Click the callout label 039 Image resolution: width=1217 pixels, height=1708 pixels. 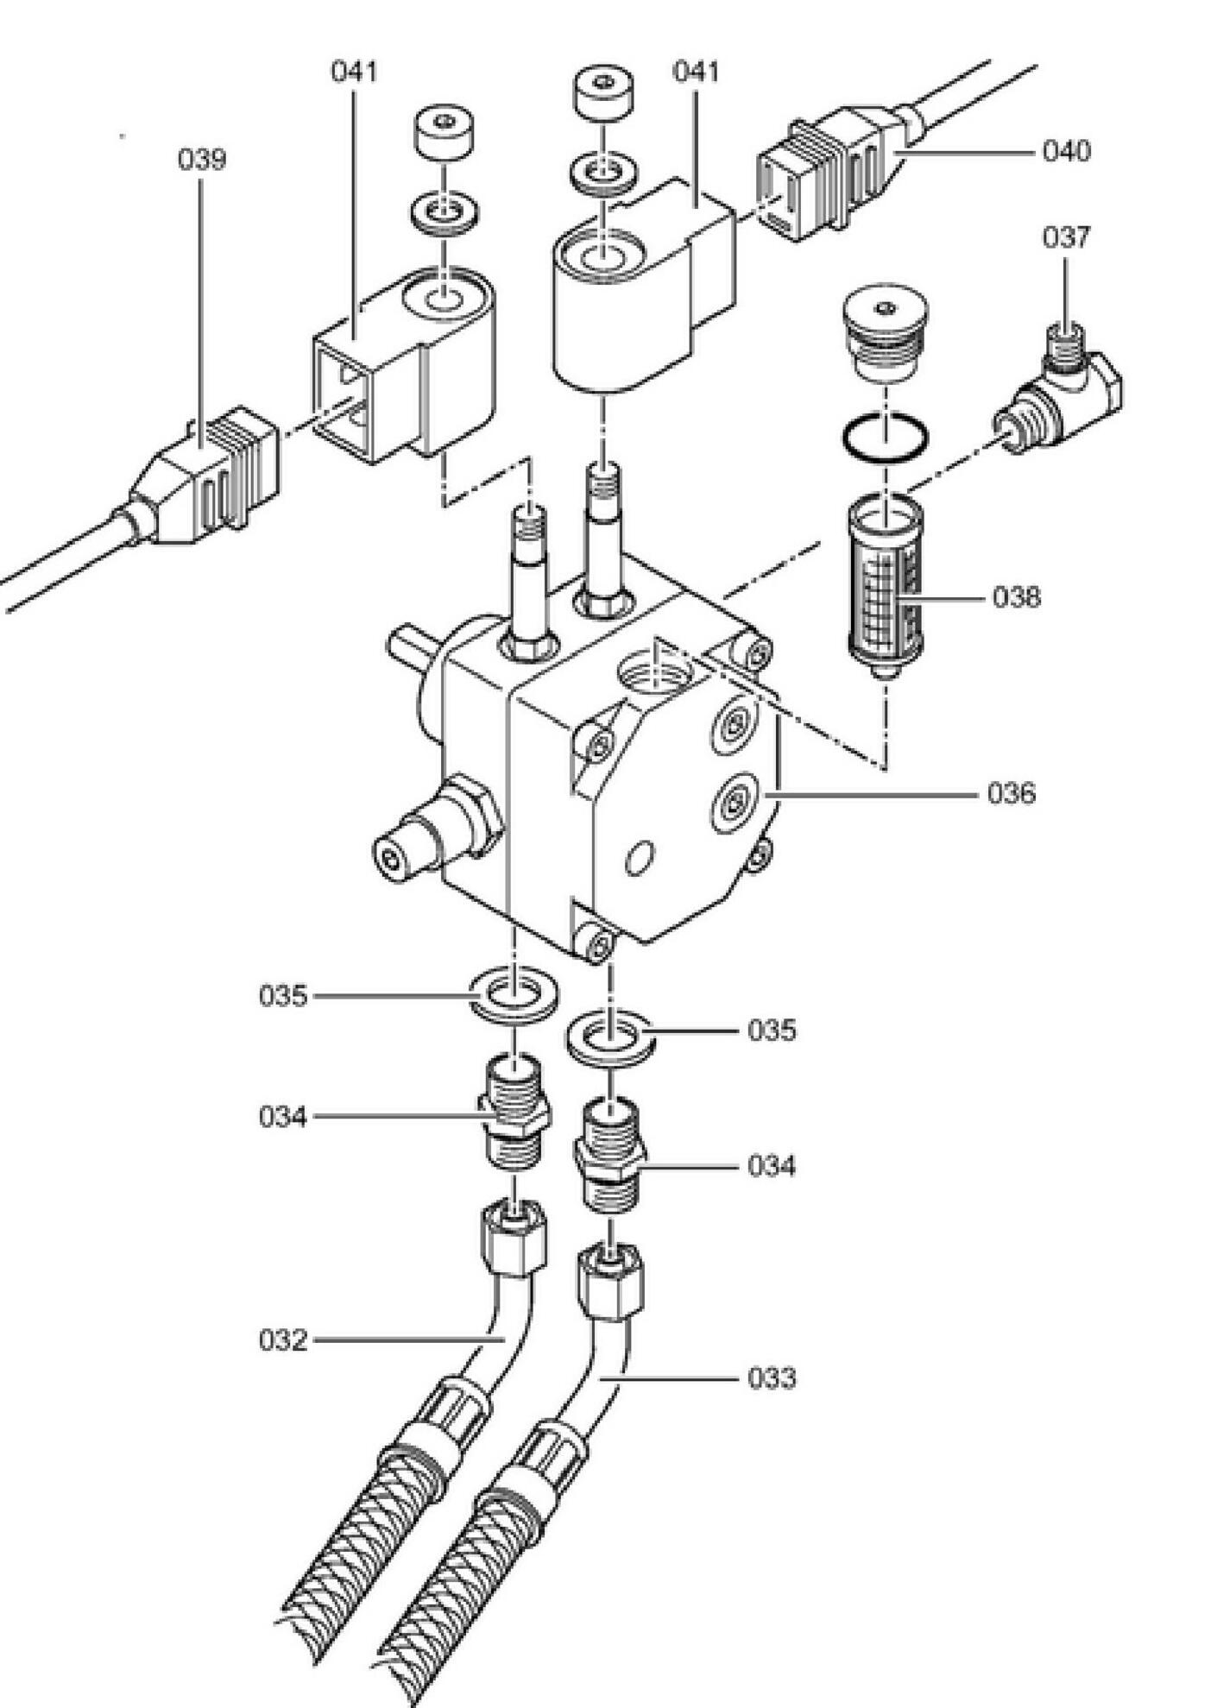(x=202, y=160)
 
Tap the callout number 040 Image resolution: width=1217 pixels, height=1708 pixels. (x=1067, y=151)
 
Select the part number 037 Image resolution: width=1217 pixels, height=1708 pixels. (x=1066, y=236)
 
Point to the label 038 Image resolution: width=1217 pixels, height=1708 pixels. (x=1017, y=596)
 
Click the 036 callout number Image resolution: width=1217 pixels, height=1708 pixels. (x=1012, y=792)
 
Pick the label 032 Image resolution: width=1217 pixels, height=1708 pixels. (x=283, y=1340)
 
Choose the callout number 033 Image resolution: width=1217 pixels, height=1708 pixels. (x=772, y=1378)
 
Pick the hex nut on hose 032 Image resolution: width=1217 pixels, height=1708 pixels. (x=513, y=1239)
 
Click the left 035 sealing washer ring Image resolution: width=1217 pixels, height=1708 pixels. (x=514, y=995)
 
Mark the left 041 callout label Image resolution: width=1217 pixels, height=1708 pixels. (x=355, y=71)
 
